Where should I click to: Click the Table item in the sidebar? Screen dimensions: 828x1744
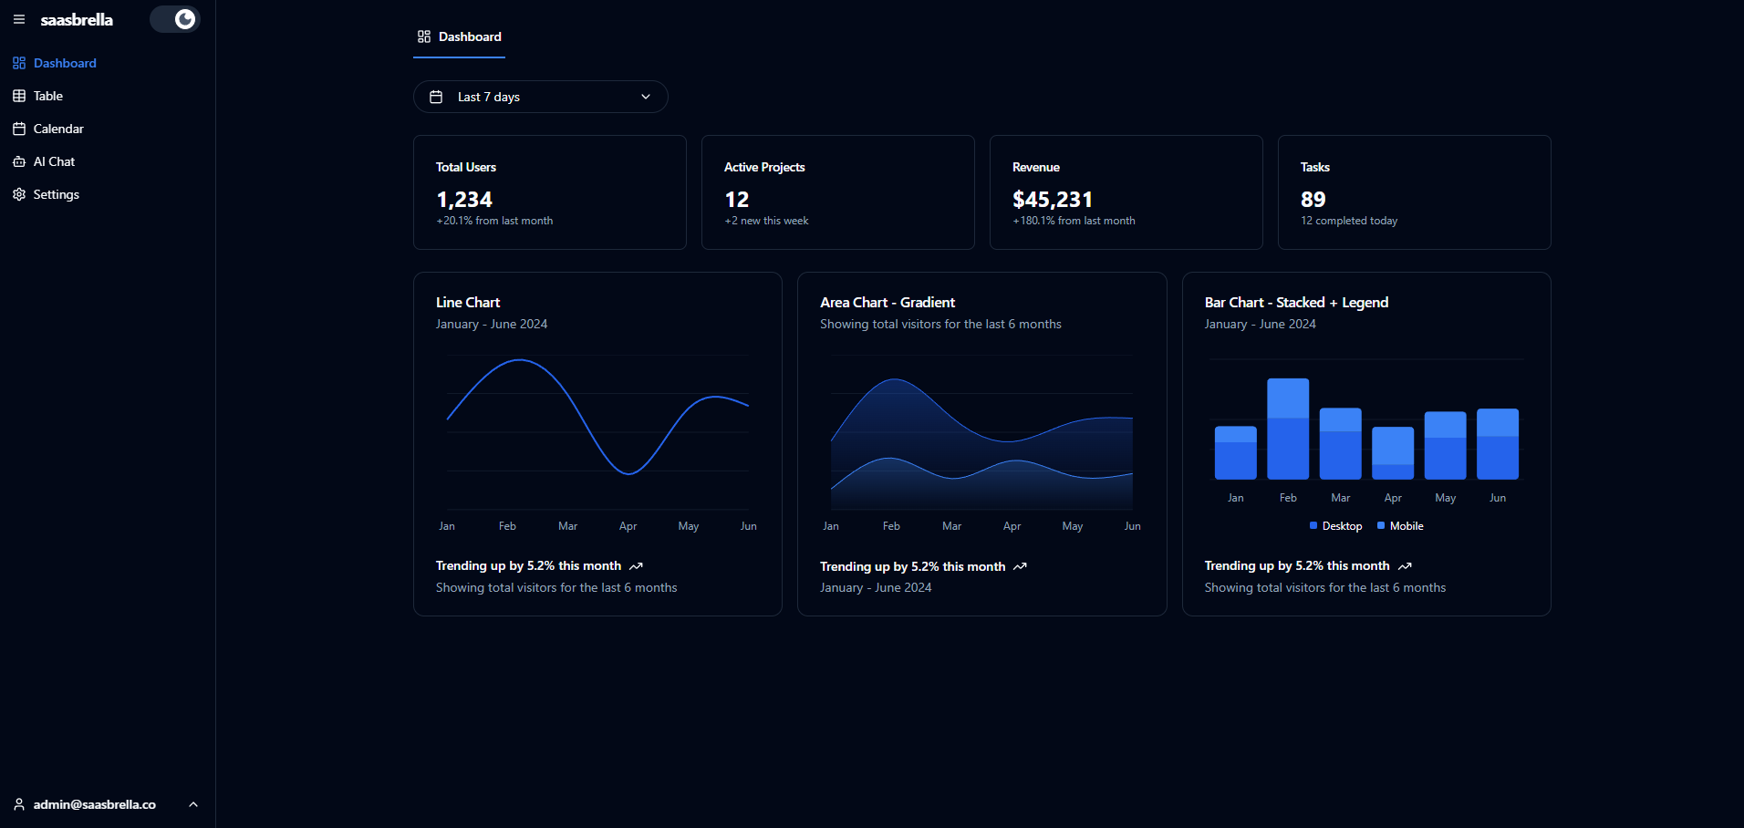tap(47, 96)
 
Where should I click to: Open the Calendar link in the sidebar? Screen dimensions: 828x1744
tap(57, 129)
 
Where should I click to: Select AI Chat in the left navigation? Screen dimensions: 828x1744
tap(54, 161)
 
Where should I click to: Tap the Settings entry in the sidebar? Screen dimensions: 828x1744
tap(56, 194)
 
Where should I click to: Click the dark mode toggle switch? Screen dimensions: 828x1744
tap(175, 19)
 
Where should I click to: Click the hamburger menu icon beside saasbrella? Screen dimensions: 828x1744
tap(19, 19)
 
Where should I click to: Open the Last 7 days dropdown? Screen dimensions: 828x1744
tap(540, 97)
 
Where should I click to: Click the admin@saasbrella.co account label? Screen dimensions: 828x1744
tap(94, 804)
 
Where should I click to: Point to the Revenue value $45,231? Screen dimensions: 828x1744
tap(1052, 200)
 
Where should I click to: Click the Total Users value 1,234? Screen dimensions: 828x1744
tap(464, 200)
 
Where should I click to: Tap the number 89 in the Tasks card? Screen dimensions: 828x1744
tap(1313, 200)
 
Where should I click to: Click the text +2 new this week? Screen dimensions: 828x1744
tap(766, 221)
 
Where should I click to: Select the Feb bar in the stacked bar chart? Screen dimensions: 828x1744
tap(1287, 429)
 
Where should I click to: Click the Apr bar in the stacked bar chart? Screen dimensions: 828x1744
tap(1392, 453)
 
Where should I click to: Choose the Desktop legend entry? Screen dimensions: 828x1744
tap(1336, 526)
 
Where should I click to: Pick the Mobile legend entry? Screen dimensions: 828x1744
tap(1401, 526)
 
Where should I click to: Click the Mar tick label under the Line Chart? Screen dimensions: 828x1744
tap(567, 526)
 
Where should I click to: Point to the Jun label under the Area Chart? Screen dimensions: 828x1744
tap(1132, 526)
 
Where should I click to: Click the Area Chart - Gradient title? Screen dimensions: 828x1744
tap(887, 303)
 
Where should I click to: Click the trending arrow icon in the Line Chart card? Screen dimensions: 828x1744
tap(636, 566)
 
